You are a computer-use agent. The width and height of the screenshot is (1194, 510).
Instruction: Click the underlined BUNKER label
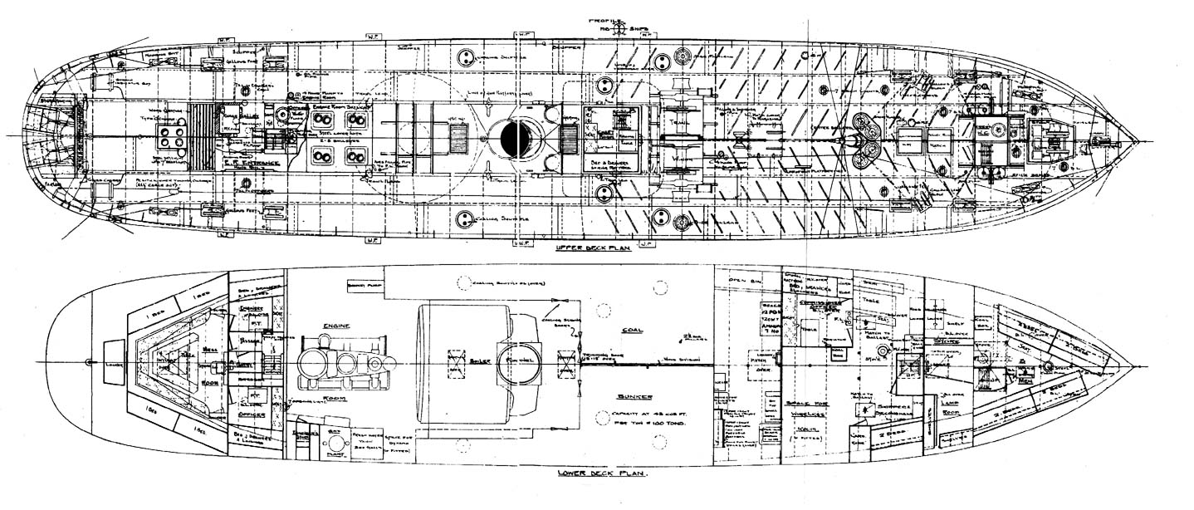click(x=633, y=398)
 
